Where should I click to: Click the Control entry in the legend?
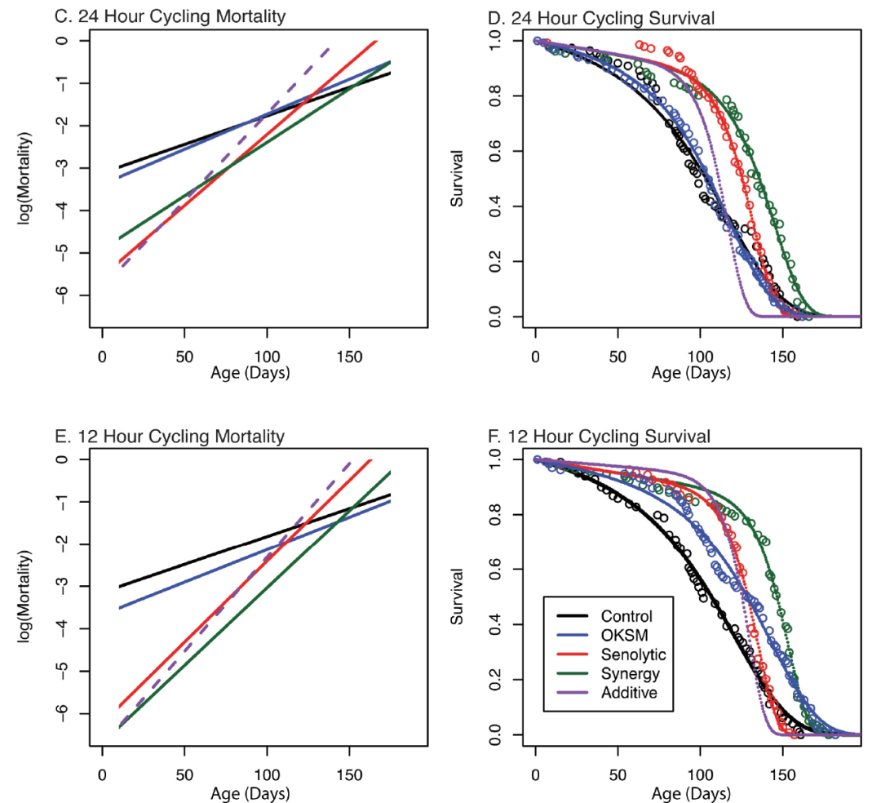point(626,615)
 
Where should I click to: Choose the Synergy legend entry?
point(626,674)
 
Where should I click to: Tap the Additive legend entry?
point(626,694)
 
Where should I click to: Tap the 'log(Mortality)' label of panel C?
point(24,171)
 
